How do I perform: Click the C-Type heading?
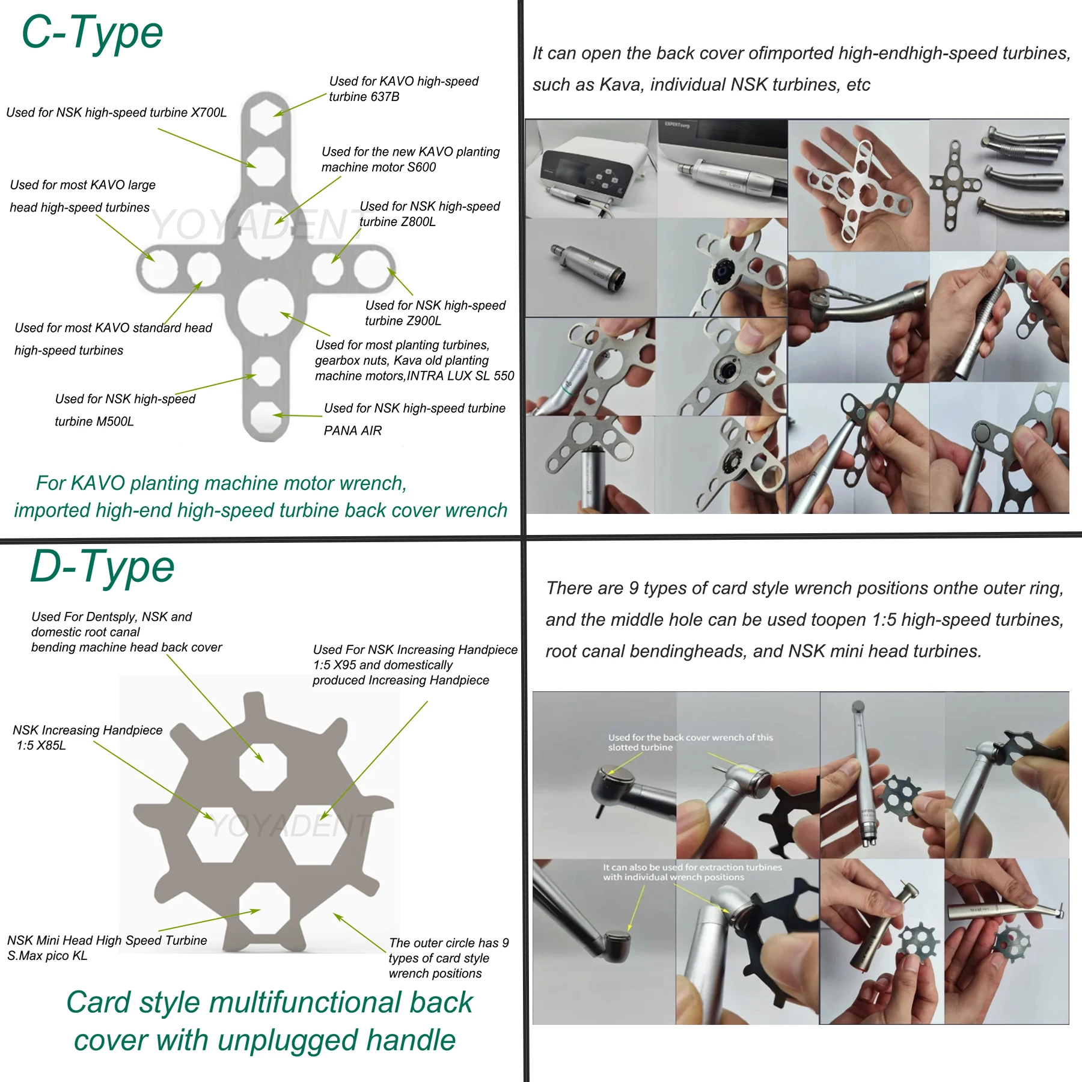92,32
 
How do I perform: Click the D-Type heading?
102,567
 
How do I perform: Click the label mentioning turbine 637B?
403,89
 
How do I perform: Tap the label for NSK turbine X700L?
117,112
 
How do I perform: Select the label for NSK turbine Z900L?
435,313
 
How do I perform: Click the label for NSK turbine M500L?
125,410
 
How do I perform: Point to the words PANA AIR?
353,430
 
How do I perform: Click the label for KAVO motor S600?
411,159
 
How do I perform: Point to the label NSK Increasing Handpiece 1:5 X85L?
88,738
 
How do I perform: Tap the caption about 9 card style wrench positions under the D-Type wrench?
448,958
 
